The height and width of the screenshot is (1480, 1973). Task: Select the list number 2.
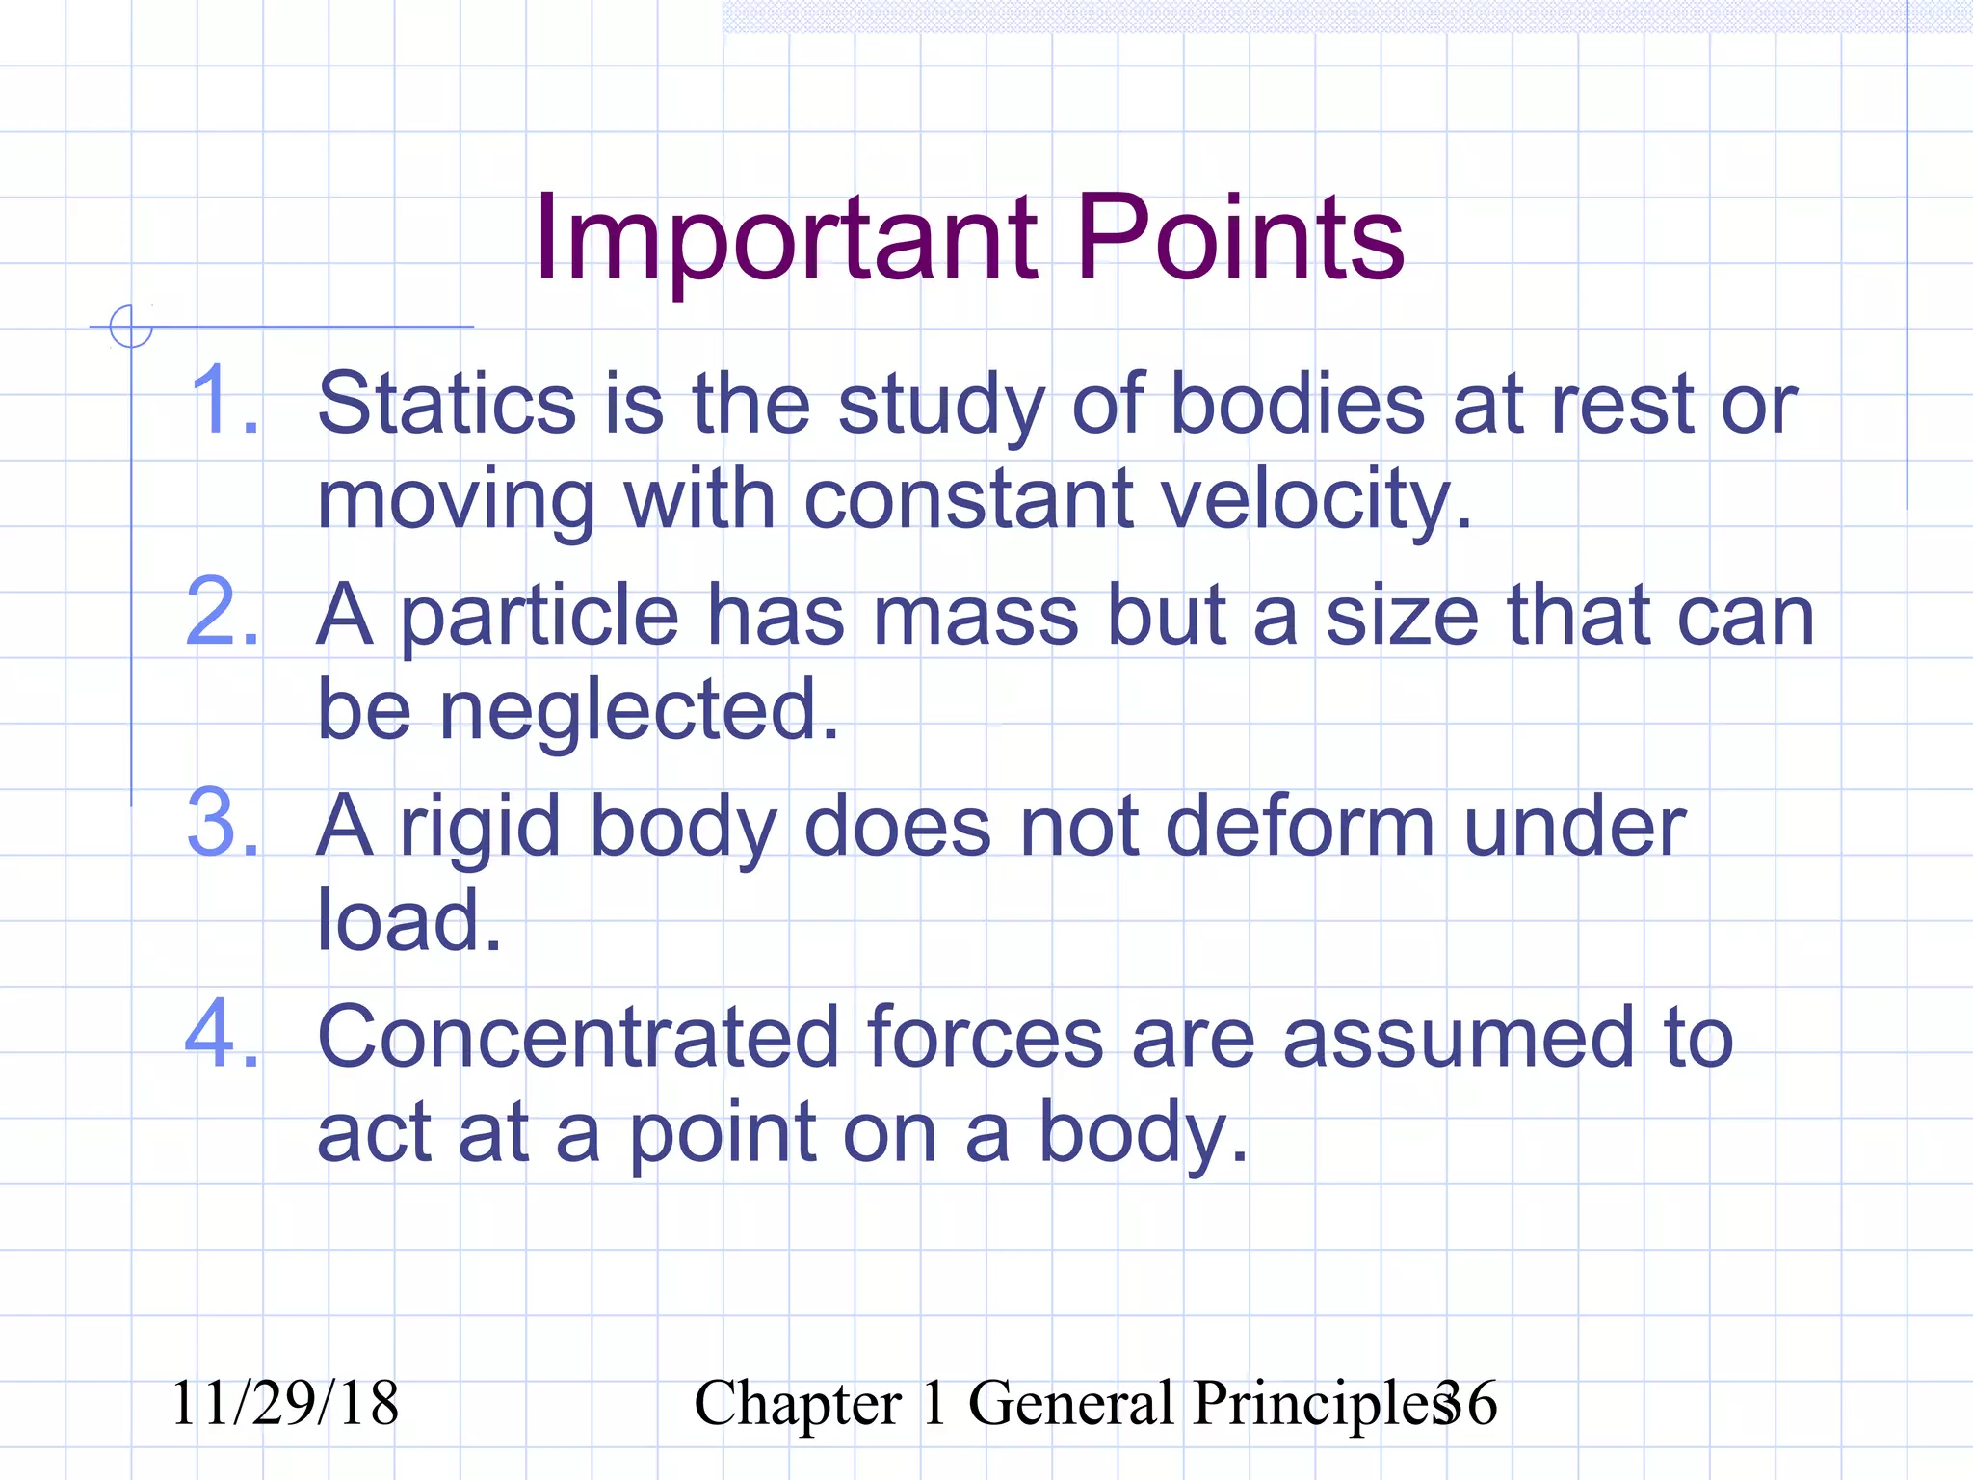(224, 613)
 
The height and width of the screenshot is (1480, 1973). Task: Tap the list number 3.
(224, 825)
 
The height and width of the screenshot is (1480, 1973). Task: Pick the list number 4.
(224, 1037)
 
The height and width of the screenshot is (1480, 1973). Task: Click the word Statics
(447, 404)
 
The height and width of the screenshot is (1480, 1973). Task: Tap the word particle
(539, 617)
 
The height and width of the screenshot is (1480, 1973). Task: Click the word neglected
(639, 710)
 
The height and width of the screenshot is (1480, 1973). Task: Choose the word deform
(1300, 827)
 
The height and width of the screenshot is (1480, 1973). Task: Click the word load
(408, 921)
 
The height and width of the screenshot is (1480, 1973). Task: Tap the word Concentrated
(578, 1038)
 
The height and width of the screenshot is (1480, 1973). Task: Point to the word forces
(985, 1038)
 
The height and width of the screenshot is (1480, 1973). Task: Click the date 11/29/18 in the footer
(284, 1403)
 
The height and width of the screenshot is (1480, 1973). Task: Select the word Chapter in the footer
(798, 1404)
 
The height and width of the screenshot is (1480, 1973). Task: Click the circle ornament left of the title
(131, 326)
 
